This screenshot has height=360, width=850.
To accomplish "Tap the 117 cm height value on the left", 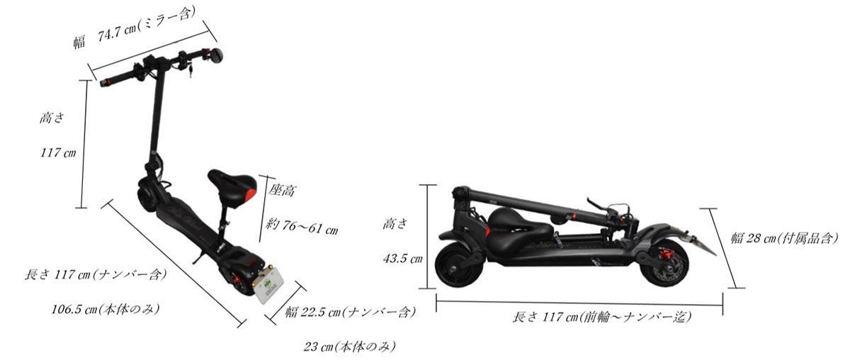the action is (58, 152).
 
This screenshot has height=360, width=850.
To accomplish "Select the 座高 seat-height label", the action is (282, 190).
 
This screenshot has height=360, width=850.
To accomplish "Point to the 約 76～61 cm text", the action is (302, 226).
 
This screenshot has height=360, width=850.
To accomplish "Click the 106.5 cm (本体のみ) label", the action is (105, 309).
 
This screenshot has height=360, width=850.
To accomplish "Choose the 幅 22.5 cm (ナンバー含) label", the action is (350, 312).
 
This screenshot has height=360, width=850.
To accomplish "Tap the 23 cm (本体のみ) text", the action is (349, 347).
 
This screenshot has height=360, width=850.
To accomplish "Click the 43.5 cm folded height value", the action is (402, 259).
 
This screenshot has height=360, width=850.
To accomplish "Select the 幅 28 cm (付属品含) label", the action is (784, 239).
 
